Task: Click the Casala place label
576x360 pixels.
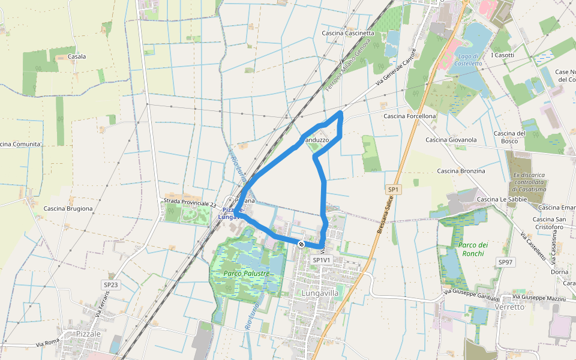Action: [77, 56]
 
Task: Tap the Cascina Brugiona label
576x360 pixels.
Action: [68, 209]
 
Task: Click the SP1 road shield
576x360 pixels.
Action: [393, 190]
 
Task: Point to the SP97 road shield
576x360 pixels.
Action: [506, 262]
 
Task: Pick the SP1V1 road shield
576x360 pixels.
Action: [322, 260]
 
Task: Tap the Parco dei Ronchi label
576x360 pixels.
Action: [473, 249]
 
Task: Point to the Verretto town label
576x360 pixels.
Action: [510, 307]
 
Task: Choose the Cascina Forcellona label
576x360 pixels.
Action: [409, 116]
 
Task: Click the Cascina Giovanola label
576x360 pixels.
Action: [451, 140]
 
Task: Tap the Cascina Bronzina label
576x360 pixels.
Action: [461, 171]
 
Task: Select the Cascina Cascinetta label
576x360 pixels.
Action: [348, 33]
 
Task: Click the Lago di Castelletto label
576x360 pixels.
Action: [468, 59]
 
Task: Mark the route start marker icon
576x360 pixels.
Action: [301, 244]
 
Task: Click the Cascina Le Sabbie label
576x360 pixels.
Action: [502, 199]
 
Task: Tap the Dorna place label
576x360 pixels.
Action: [560, 272]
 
